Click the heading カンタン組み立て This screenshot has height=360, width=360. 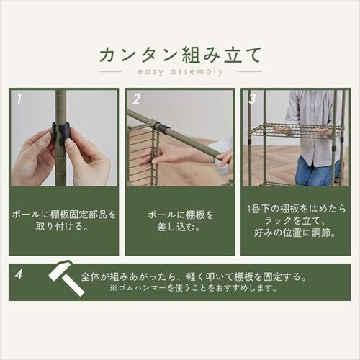click(179, 54)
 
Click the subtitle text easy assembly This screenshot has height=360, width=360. click(179, 72)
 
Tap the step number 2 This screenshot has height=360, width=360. click(135, 99)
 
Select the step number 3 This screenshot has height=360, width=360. click(251, 98)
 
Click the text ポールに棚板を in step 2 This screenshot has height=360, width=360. click(179, 215)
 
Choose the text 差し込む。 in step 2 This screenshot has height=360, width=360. click(179, 228)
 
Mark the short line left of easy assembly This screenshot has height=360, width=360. click(110, 72)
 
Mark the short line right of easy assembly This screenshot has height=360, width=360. click(249, 72)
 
